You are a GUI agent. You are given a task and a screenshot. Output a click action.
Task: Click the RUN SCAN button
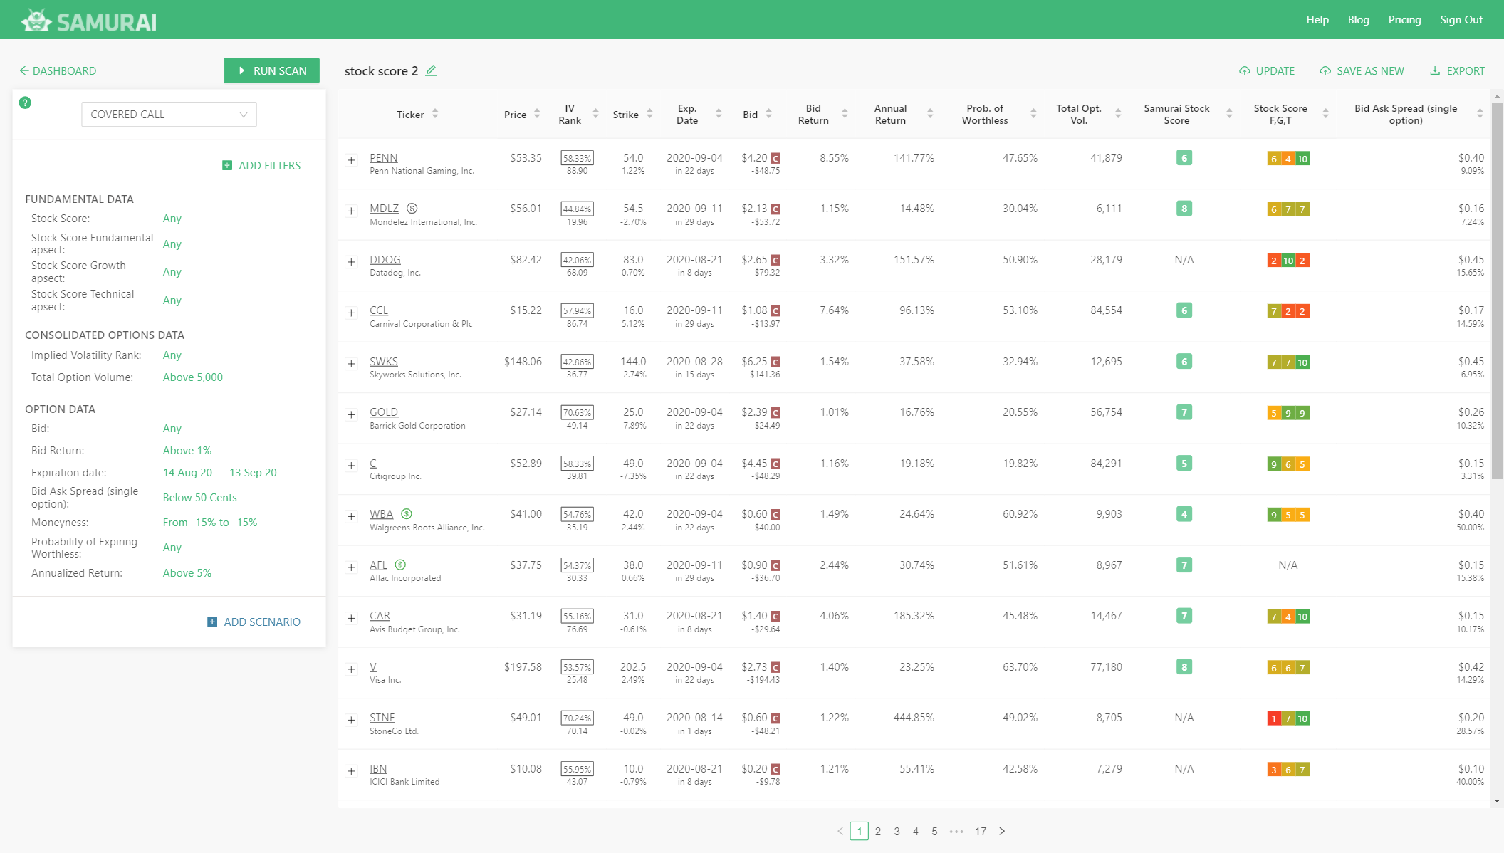pyautogui.click(x=271, y=70)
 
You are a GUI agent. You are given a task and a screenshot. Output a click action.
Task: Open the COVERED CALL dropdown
pyautogui.click(x=169, y=115)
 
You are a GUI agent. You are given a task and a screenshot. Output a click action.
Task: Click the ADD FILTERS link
pyautogui.click(x=261, y=165)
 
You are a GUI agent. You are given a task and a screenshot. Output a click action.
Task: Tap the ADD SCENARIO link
pyautogui.click(x=254, y=622)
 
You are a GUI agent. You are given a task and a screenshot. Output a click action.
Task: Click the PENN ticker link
pyautogui.click(x=383, y=158)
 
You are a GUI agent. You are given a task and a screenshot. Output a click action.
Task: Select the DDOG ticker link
pyautogui.click(x=385, y=260)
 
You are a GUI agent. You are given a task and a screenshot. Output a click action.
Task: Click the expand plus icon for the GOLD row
pyautogui.click(x=351, y=414)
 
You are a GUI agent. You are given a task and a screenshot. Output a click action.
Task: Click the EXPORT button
pyautogui.click(x=1457, y=70)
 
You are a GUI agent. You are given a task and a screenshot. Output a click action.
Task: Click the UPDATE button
pyautogui.click(x=1267, y=70)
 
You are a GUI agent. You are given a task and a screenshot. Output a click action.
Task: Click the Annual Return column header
pyautogui.click(x=890, y=115)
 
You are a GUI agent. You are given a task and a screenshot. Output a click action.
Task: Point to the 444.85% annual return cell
pyautogui.click(x=914, y=718)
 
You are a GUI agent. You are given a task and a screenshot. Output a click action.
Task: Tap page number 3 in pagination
pyautogui.click(x=897, y=831)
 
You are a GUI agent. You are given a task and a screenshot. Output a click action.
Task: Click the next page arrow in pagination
pyautogui.click(x=1002, y=831)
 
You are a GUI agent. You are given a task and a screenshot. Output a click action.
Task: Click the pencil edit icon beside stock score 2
pyautogui.click(x=431, y=70)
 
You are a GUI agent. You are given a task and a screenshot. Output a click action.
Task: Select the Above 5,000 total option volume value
pyautogui.click(x=192, y=377)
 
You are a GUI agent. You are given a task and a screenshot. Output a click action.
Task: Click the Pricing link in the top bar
pyautogui.click(x=1404, y=20)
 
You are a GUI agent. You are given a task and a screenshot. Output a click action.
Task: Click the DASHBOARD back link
pyautogui.click(x=58, y=70)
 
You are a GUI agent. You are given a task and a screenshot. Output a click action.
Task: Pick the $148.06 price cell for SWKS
pyautogui.click(x=523, y=362)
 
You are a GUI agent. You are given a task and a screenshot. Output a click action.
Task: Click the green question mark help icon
pyautogui.click(x=25, y=103)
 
